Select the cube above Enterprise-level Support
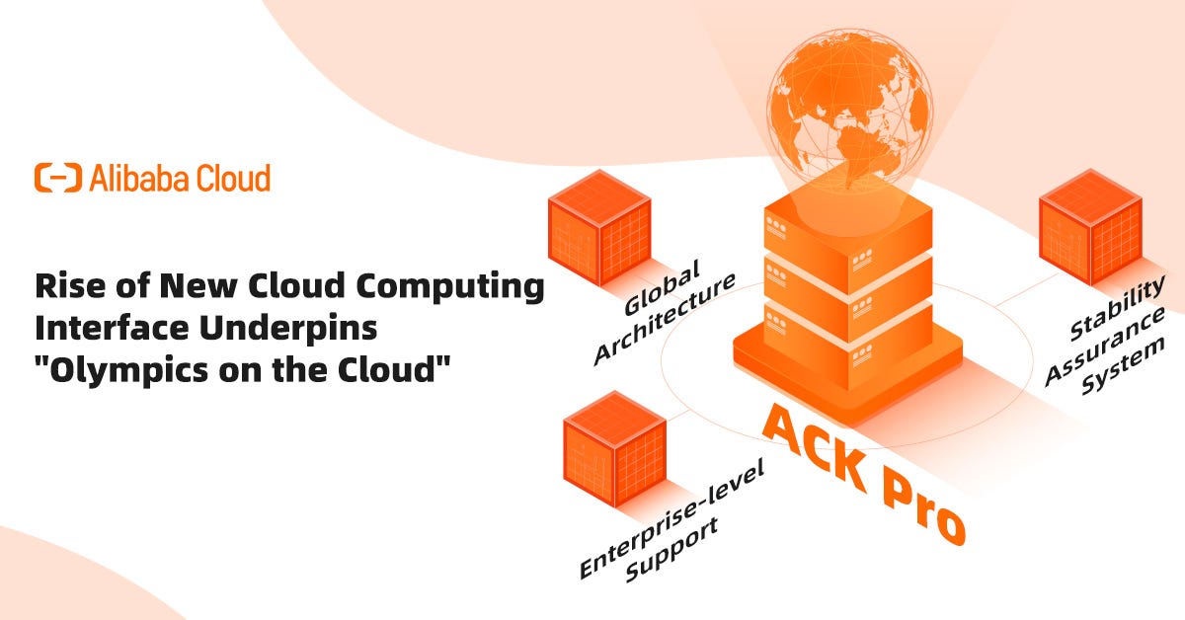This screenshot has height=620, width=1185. (613, 449)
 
